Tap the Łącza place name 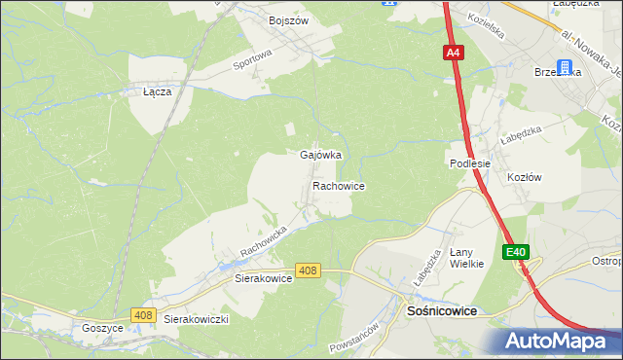tap(156, 91)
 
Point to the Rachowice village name tap(339, 185)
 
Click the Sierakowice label tap(264, 278)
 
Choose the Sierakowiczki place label tap(196, 319)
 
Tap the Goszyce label tap(101, 330)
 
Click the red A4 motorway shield tap(454, 54)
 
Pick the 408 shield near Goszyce tap(143, 313)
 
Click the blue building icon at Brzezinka tap(564, 71)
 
